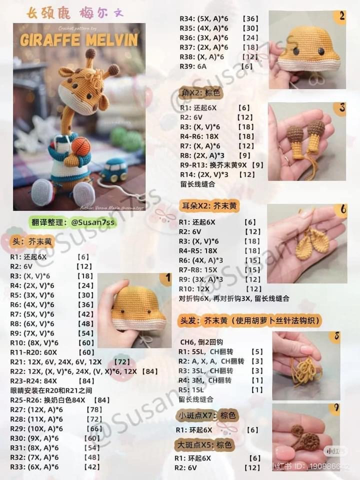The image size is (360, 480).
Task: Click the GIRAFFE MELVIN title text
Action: click(x=79, y=40)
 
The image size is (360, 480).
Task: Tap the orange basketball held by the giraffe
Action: click(x=81, y=146)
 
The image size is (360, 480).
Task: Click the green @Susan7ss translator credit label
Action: click(x=73, y=223)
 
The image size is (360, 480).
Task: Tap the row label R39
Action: click(x=186, y=66)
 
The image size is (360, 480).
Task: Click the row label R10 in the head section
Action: click(x=17, y=342)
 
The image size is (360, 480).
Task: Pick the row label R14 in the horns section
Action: click(x=187, y=174)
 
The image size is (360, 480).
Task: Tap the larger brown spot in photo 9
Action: click(x=310, y=441)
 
